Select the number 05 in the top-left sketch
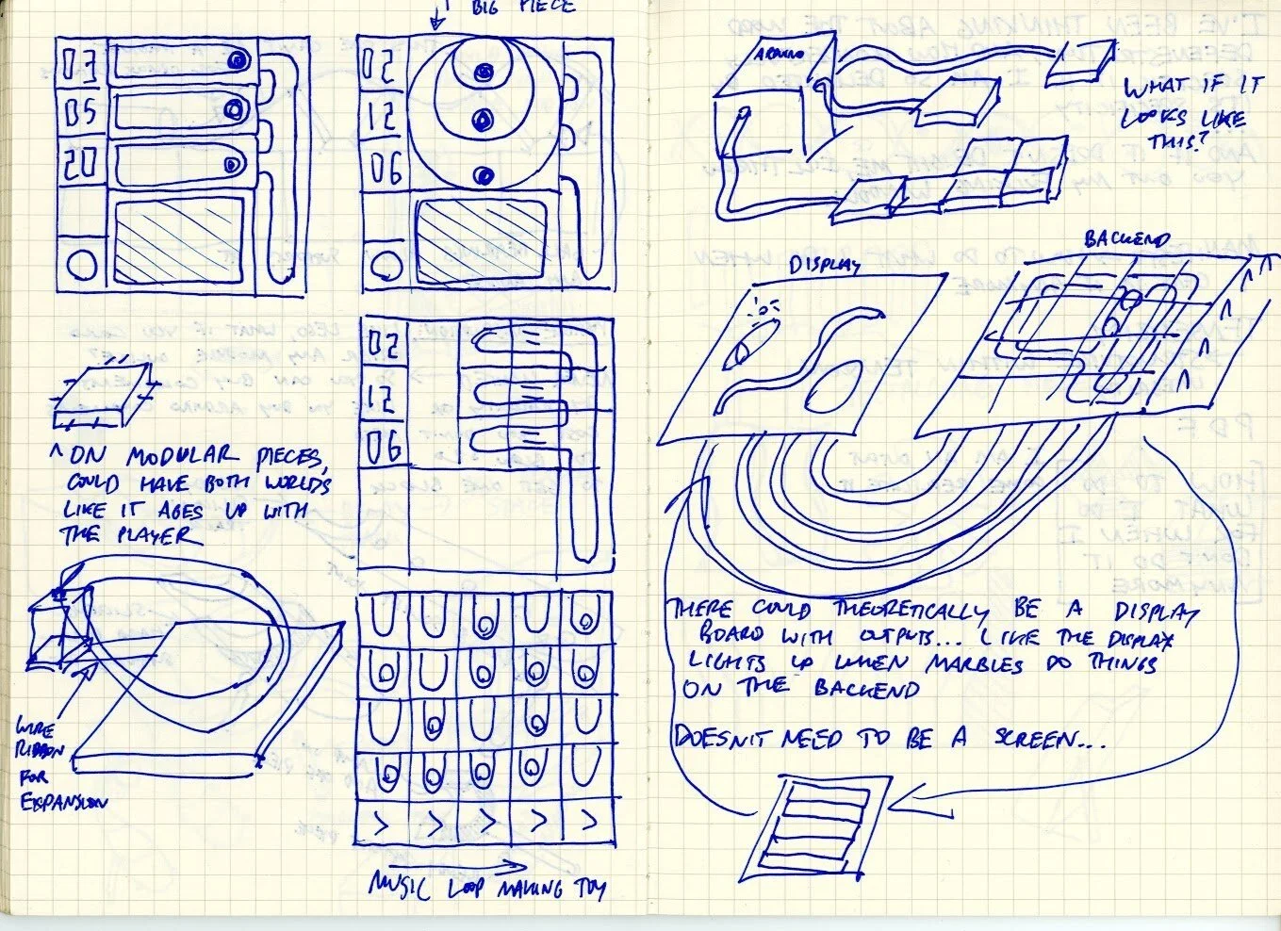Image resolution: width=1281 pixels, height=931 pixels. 81,113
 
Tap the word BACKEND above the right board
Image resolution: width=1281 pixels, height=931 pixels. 1126,239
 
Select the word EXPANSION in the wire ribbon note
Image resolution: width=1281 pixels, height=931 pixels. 64,803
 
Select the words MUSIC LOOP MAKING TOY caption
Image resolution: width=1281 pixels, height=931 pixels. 486,886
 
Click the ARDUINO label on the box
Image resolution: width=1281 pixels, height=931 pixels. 778,54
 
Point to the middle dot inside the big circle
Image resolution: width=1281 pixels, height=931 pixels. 484,120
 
